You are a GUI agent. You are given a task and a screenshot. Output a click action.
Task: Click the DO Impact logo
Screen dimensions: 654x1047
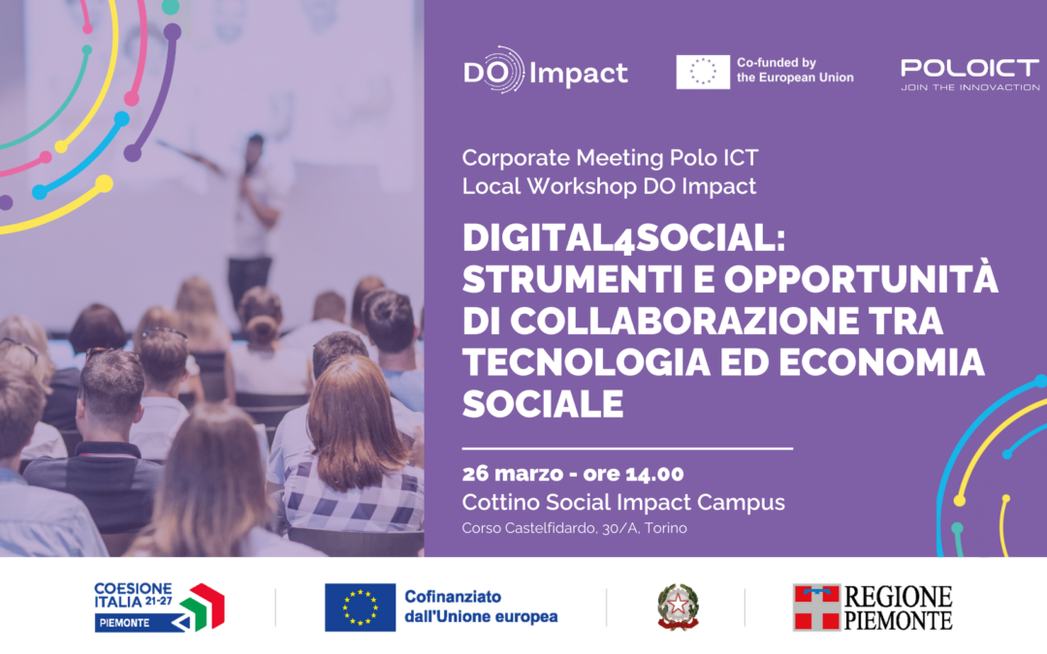click(545, 72)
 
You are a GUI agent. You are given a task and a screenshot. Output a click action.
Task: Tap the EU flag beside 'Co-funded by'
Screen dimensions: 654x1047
click(702, 72)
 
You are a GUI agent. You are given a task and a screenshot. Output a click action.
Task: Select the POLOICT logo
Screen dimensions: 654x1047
click(969, 68)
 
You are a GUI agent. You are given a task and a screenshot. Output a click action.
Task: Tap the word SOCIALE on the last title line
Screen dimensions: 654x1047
click(542, 402)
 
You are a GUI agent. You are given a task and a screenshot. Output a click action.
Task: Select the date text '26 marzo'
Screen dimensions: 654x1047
click(507, 474)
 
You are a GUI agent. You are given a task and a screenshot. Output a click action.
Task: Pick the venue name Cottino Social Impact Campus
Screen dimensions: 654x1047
click(623, 502)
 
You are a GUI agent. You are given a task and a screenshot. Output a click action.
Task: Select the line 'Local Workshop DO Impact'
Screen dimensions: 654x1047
click(609, 186)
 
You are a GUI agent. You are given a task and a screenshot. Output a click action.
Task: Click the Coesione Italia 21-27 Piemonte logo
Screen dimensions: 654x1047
click(159, 607)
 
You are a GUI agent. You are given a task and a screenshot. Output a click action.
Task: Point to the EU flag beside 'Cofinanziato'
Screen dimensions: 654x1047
click(360, 607)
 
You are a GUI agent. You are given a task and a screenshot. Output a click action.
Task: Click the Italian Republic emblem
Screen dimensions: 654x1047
click(677, 607)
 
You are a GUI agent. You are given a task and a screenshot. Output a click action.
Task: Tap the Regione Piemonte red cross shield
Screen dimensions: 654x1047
click(816, 607)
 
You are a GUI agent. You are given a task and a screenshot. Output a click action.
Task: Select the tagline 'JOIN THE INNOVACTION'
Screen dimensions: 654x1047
click(969, 87)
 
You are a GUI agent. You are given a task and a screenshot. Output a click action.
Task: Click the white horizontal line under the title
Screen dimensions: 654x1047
click(627, 449)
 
